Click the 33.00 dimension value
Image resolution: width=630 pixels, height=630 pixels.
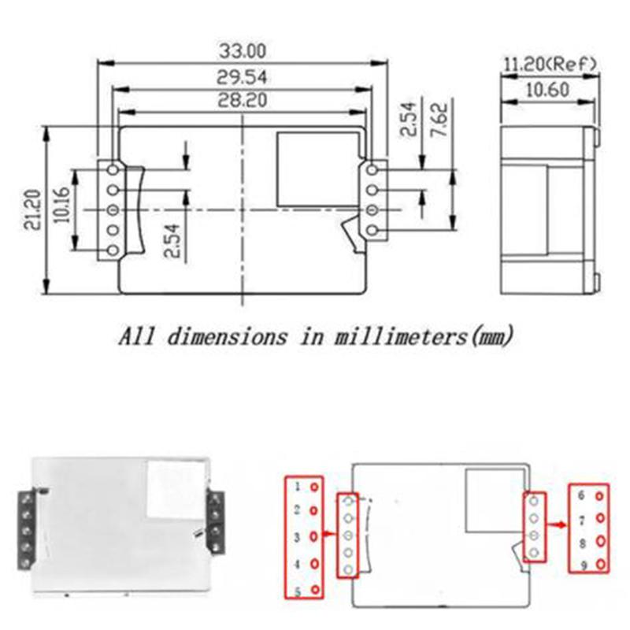244,51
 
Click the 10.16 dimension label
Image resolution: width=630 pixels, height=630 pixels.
61,208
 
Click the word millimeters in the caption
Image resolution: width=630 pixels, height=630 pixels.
391,337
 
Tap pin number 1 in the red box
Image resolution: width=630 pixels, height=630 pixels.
298,487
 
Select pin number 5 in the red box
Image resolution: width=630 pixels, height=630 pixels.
298,591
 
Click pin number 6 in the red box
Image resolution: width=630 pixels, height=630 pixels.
580,496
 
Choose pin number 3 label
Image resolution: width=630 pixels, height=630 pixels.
298,537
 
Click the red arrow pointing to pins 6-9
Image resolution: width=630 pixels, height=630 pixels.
557,523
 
